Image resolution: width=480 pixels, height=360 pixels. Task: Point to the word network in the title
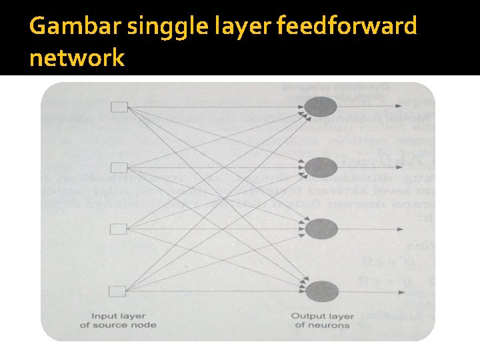77,58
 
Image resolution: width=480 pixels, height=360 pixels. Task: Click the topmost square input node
118,106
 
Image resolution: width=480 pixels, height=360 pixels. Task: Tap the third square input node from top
118,229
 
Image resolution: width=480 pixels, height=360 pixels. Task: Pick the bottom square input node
118,291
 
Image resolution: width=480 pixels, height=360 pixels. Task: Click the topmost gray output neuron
321,105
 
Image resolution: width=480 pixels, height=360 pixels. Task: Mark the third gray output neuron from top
321,229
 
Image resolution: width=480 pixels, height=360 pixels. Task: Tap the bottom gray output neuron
321,291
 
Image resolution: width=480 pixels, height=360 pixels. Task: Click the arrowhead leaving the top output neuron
398,105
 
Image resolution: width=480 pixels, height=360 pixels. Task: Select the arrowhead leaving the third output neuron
398,229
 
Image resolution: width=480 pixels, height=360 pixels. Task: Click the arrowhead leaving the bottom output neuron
398,291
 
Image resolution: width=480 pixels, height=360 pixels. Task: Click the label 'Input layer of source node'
118,320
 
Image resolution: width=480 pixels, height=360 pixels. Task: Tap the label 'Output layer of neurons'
322,320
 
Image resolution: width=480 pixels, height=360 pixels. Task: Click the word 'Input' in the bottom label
105,315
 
